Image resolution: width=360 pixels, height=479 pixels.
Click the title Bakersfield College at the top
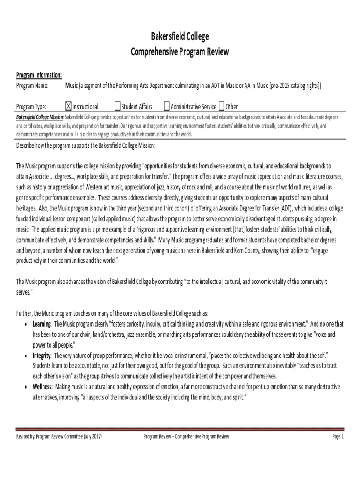180,37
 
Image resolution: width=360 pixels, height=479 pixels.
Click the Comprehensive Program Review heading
180,51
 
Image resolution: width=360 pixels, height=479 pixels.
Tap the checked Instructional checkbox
69,106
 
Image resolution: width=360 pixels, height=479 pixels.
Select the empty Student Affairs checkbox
117,106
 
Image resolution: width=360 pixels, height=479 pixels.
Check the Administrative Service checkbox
166,106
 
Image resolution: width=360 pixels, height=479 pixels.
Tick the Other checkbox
222,106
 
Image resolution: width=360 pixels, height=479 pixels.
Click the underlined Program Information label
39,75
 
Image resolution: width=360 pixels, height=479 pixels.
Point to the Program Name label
33,86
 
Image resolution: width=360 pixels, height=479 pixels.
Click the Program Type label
31,107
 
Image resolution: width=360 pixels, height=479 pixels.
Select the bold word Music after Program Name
72,86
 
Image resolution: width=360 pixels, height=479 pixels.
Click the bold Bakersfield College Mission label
40,116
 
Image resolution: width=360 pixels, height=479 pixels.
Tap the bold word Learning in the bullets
42,324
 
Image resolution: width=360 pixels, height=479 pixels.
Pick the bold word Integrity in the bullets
42,356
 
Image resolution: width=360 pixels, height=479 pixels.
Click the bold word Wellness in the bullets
43,387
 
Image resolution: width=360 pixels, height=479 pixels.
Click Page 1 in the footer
338,437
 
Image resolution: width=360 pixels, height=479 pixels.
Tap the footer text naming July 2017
59,437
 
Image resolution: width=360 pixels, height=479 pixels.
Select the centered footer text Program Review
186,437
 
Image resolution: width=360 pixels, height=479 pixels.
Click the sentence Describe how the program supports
86,145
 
